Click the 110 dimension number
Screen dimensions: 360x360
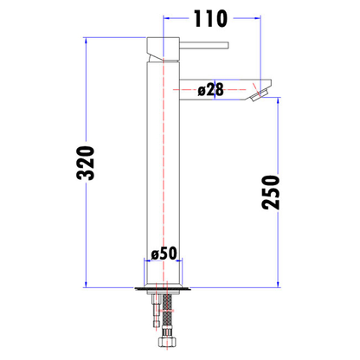pyautogui.click(x=210, y=18)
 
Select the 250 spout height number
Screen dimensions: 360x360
pyautogui.click(x=271, y=193)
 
